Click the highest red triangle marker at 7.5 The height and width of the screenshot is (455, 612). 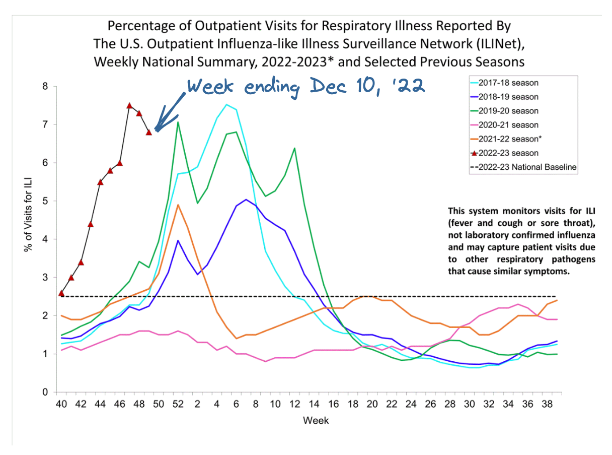[129, 106]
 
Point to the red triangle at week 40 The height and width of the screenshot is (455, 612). [61, 293]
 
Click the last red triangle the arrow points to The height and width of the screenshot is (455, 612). [149, 133]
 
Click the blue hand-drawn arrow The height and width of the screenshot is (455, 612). [169, 111]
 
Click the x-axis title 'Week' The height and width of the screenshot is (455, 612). [316, 420]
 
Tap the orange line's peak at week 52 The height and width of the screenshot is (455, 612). [178, 205]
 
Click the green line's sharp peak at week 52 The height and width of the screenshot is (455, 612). [178, 122]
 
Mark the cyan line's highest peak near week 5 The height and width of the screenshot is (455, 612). [226, 105]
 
